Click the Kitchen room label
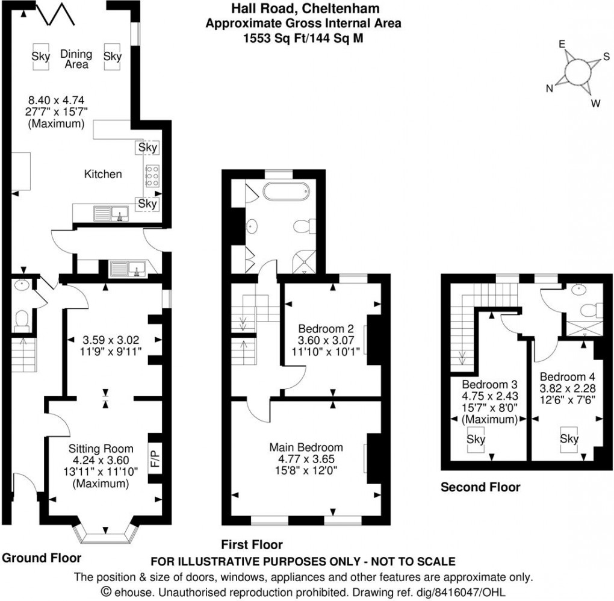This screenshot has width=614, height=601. coord(102,175)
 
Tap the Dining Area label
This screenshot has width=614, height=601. coord(76,59)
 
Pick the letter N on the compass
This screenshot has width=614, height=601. coord(550,89)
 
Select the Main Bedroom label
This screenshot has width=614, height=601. coord(306,447)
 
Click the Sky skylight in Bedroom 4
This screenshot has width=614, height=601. coord(569,439)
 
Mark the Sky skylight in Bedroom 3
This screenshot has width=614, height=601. coord(476,440)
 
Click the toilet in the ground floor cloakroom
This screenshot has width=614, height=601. coord(22,319)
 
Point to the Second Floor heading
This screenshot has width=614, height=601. coord(480,487)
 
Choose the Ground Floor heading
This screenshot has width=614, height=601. coord(41,558)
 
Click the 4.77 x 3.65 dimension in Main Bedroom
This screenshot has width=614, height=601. coord(306,458)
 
